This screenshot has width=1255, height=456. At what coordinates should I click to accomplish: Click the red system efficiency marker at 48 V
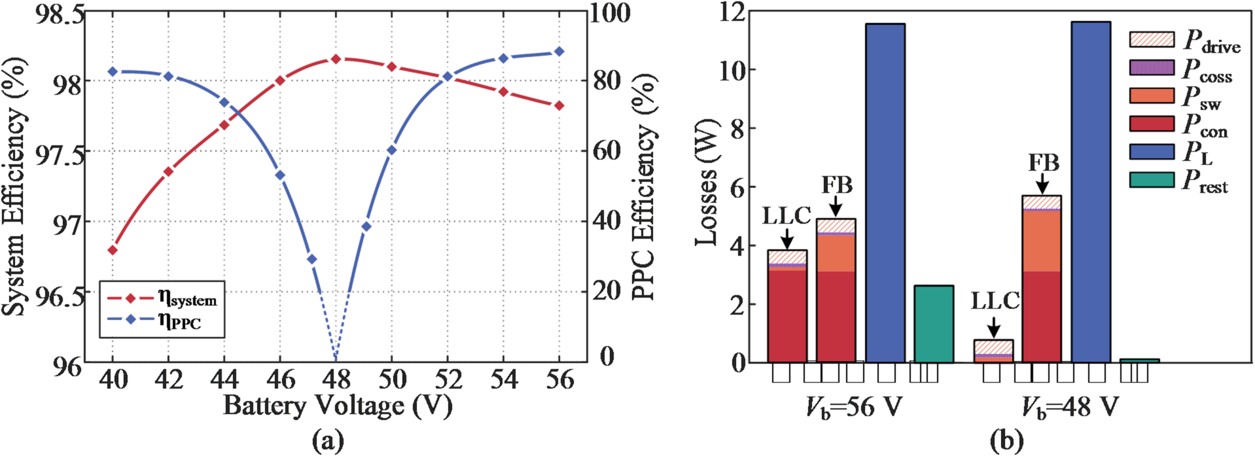(336, 59)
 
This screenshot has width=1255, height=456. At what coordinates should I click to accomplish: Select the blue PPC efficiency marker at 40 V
(113, 71)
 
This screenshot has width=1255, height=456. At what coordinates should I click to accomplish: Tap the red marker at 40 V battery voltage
(113, 250)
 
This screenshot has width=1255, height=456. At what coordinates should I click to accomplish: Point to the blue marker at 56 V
(559, 52)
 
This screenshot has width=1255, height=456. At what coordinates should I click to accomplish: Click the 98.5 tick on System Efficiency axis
(59, 14)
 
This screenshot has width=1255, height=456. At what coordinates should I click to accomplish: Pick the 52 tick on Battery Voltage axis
(448, 379)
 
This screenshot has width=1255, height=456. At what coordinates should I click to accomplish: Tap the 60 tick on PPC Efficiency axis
(608, 150)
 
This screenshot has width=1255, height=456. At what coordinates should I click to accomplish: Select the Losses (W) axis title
(707, 183)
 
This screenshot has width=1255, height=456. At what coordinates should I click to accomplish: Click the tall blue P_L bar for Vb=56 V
(885, 193)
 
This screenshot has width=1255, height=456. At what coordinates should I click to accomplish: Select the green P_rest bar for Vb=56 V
(933, 324)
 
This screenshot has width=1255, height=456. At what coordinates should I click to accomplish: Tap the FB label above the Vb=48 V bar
(1043, 162)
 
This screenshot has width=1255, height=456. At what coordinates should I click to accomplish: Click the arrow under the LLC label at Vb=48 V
(993, 326)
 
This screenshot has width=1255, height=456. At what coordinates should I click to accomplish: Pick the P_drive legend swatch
(1152, 39)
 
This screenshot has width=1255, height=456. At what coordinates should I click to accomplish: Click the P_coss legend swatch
(1152, 67)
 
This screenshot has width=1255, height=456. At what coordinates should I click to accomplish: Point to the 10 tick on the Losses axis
(733, 70)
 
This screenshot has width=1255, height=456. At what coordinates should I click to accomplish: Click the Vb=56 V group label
(853, 408)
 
